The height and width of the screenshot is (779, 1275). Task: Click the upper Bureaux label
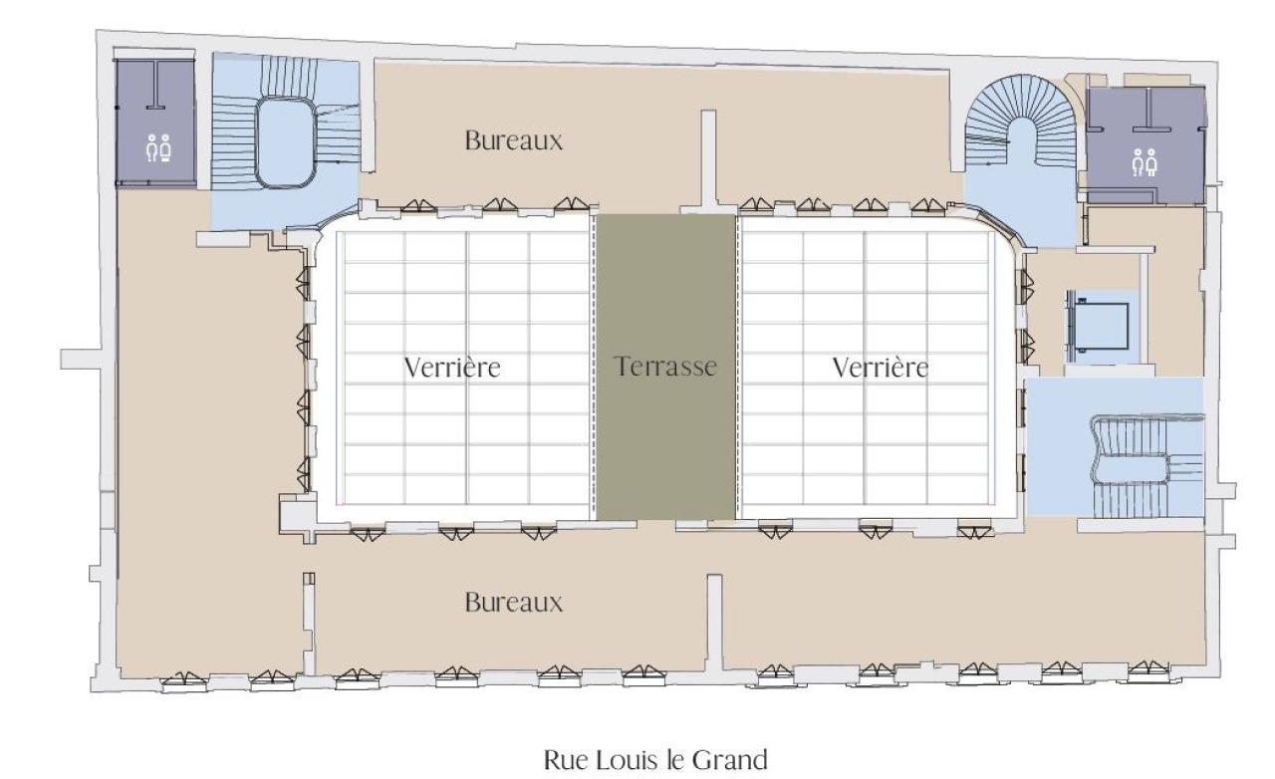tap(513, 140)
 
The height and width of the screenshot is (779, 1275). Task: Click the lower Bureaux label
tap(513, 603)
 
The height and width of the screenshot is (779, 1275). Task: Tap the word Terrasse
tap(666, 367)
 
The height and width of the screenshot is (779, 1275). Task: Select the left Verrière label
tap(452, 367)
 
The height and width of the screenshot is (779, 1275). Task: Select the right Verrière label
tap(880, 367)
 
